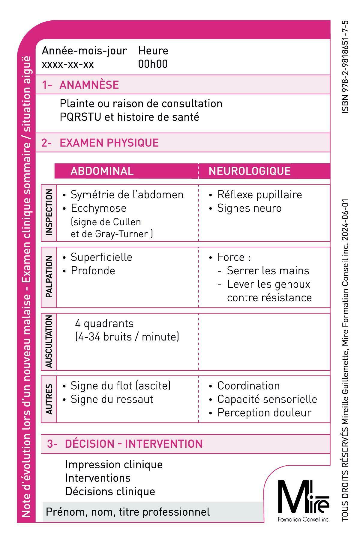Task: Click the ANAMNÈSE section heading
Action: (x=89, y=85)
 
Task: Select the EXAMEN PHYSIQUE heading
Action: (x=109, y=143)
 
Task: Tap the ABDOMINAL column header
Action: (x=102, y=171)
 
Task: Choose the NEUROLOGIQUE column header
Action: (x=250, y=171)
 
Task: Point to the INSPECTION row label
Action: (x=49, y=213)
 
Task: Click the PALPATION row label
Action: (x=49, y=277)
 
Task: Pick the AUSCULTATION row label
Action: (x=49, y=341)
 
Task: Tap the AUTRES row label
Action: (x=49, y=399)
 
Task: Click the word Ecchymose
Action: (x=98, y=208)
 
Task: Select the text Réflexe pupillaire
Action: (x=259, y=195)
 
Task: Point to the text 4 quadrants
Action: (x=104, y=323)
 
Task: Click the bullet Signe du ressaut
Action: (x=112, y=399)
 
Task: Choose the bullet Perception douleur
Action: (x=264, y=413)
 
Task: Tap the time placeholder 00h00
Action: (x=153, y=64)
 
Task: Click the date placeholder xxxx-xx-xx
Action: (x=68, y=64)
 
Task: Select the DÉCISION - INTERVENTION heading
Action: (x=133, y=444)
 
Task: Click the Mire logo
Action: (x=303, y=501)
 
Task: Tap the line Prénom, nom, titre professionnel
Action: (x=128, y=512)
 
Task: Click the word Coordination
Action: (x=248, y=386)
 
